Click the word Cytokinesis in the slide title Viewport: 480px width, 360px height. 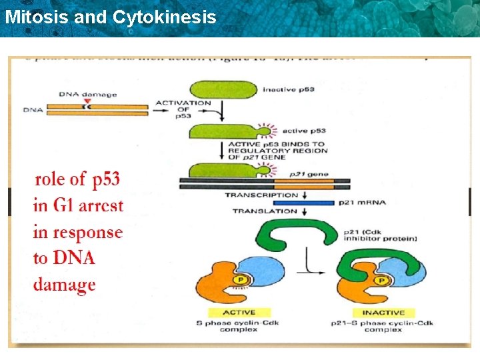[165, 17]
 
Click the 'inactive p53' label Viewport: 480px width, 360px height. [289, 89]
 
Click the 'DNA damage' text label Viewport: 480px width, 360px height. [87, 94]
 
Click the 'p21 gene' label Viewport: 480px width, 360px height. [313, 173]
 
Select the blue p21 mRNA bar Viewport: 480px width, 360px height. [303, 203]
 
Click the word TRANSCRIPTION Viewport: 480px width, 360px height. [261, 195]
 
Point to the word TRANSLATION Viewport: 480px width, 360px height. [265, 211]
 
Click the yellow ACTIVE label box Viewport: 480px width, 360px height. [238, 312]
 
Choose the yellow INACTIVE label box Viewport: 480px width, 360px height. [383, 312]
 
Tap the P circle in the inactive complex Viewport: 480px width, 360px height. [382, 281]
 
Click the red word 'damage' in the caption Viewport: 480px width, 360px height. [65, 285]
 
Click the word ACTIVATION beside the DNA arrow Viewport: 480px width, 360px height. [183, 103]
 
